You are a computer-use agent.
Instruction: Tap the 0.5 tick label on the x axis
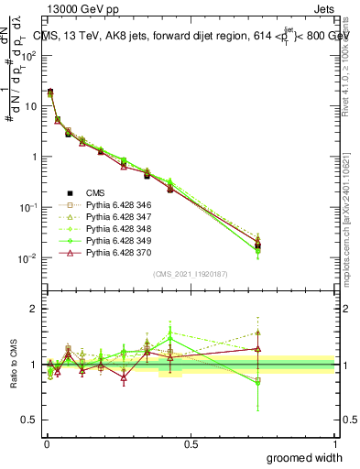point(191,443)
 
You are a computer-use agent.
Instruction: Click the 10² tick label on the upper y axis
point(29,55)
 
